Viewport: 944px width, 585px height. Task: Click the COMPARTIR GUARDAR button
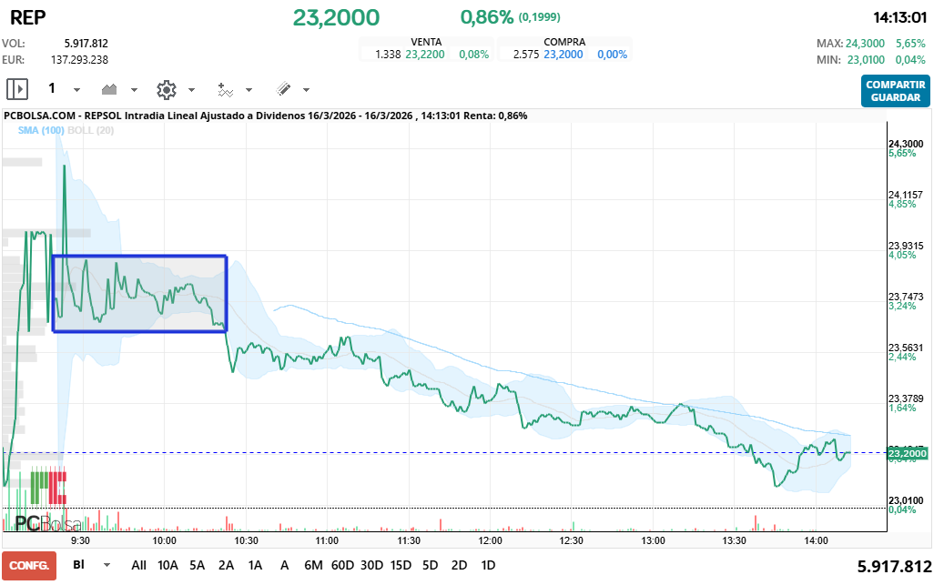click(x=896, y=91)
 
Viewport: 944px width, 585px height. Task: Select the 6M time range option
click(x=313, y=565)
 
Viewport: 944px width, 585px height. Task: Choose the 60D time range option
click(x=342, y=565)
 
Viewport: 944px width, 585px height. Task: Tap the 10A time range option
click(x=168, y=565)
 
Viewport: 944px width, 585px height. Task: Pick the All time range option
click(x=138, y=565)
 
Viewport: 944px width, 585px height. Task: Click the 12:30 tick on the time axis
click(x=571, y=540)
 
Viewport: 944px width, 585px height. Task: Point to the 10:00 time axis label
click(x=165, y=540)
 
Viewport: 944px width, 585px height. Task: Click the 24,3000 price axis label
click(x=906, y=144)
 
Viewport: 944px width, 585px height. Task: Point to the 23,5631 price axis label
click(x=906, y=348)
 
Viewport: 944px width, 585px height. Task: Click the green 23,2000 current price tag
click(x=907, y=453)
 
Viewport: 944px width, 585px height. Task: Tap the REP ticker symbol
click(x=27, y=16)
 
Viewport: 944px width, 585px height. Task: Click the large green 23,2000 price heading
click(x=336, y=17)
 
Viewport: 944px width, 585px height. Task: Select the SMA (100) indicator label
click(x=41, y=131)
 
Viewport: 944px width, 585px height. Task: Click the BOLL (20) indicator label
click(x=90, y=131)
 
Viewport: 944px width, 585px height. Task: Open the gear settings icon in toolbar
click(x=166, y=89)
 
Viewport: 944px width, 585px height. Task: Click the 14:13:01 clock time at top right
click(x=899, y=17)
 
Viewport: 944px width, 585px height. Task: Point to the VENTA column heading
click(x=427, y=42)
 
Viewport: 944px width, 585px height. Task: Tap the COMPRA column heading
click(x=564, y=42)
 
